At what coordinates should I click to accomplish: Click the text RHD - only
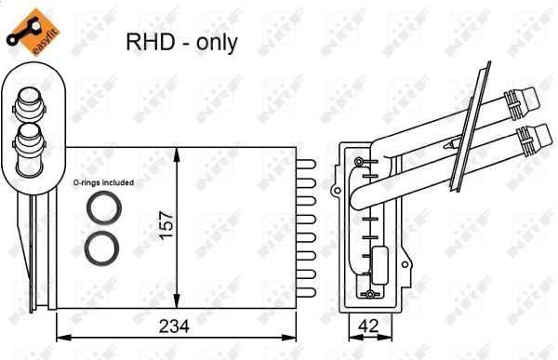pyautogui.click(x=181, y=42)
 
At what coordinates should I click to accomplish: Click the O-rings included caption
pyautogui.click(x=103, y=182)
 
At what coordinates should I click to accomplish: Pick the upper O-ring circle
pyautogui.click(x=99, y=207)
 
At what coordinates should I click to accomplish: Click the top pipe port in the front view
pyautogui.click(x=27, y=102)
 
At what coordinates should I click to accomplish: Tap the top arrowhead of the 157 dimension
pyautogui.click(x=178, y=152)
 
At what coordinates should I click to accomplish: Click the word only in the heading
pyautogui.click(x=218, y=43)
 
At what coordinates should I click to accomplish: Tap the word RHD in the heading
pyautogui.click(x=147, y=42)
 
